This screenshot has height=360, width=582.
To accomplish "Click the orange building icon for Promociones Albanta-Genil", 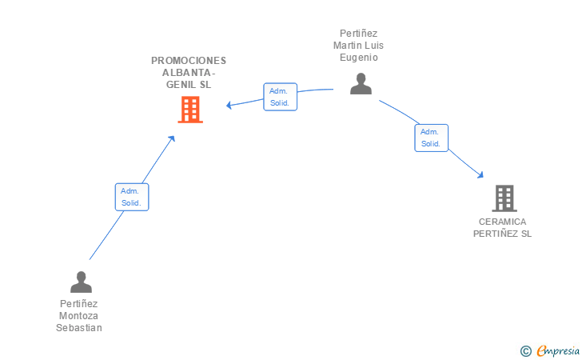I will click(190, 110).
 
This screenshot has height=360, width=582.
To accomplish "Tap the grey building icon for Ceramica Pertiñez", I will click(504, 198).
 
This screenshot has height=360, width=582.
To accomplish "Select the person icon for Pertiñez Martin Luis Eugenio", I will click(361, 83).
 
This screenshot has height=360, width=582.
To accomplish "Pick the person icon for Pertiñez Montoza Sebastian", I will click(81, 282).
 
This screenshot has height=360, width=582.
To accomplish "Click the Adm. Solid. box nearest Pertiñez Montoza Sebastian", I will click(132, 197).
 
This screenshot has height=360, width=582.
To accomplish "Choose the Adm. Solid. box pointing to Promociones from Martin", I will click(280, 97).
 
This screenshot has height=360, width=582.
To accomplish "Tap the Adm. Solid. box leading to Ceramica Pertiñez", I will click(431, 138).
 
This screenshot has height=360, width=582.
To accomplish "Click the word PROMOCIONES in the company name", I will click(189, 61).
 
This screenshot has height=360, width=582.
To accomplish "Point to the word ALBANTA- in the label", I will click(189, 73).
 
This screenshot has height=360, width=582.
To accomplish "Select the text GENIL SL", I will click(189, 85).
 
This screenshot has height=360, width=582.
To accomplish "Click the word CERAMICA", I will click(502, 222).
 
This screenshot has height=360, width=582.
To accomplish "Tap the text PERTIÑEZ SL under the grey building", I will click(502, 234).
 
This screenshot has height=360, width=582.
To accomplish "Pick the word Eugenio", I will click(358, 58).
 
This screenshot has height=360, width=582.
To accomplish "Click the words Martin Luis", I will click(358, 46).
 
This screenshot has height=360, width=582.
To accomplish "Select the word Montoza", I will click(79, 316).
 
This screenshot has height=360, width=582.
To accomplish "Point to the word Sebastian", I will click(79, 328).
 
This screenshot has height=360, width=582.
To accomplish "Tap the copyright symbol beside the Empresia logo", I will click(526, 351).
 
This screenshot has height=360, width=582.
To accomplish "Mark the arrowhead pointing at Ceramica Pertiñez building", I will click(481, 174).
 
